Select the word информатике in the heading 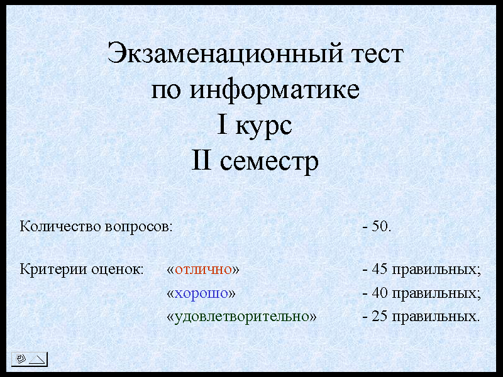coord(275,90)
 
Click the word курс coord(263,126)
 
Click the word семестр coord(269,162)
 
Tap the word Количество coord(60,226)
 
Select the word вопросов coord(138,227)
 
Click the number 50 coord(380,226)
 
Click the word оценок coord(117,270)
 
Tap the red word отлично coord(203,270)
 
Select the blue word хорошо coord(201,293)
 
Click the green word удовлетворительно coord(241,317)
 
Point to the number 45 coord(380,269)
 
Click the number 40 coord(380,292)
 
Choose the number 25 coord(380,316)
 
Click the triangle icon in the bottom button coord(37,359)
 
